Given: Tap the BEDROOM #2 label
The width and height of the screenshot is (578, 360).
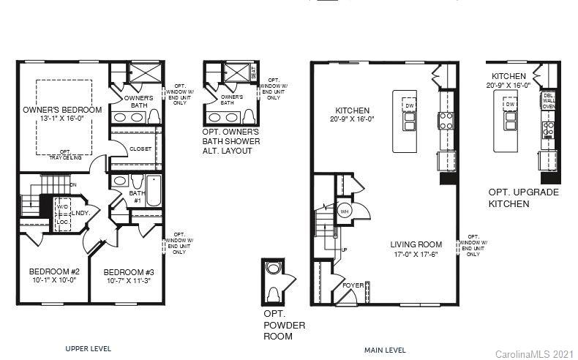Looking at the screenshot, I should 53,271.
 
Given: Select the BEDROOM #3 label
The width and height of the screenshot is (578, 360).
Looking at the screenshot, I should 129,271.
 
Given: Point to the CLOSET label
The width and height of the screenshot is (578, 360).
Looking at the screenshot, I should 140,149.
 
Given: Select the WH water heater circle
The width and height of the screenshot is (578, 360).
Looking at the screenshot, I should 345,211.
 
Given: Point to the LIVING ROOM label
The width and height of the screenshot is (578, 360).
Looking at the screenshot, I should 416,244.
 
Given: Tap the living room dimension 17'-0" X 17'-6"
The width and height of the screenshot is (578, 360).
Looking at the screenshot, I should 416,254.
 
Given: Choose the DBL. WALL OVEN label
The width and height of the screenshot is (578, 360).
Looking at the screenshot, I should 549,101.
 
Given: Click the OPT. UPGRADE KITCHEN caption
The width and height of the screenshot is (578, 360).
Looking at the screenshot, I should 522,198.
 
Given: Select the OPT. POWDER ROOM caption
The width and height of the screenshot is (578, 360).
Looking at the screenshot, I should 284,324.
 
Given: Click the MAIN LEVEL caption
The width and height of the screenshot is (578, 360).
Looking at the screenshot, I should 385,350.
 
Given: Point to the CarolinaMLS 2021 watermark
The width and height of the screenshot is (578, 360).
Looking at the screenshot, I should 535,353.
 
